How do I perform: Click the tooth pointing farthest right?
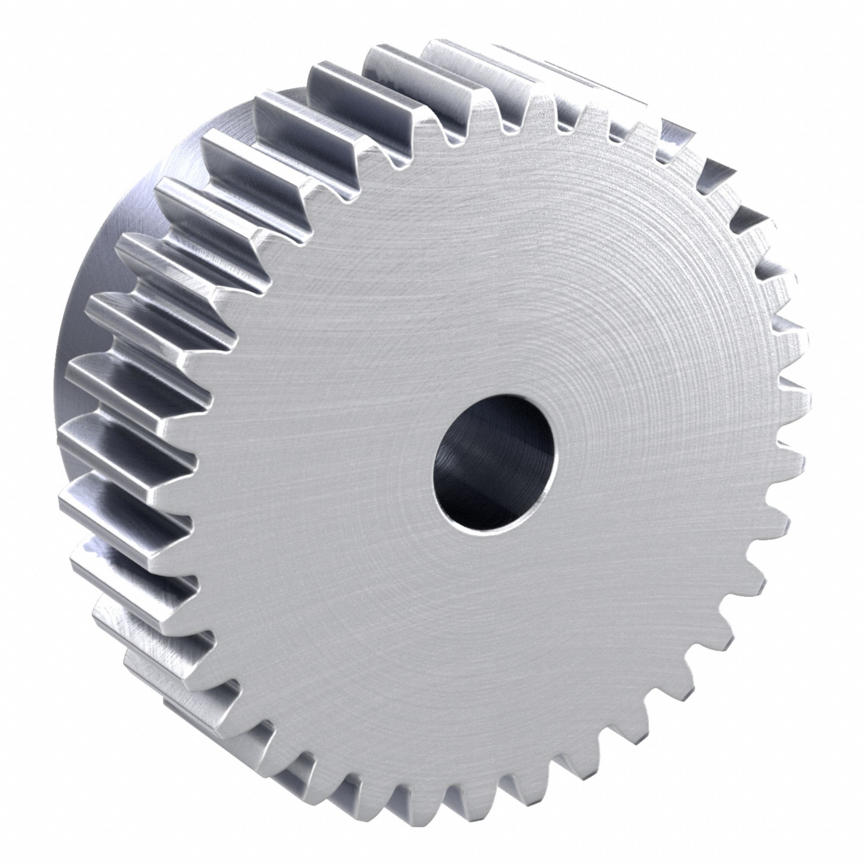[800, 399]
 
